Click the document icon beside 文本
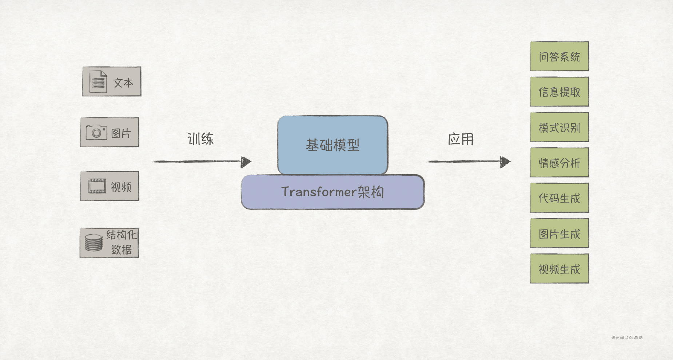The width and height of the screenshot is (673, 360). point(98,81)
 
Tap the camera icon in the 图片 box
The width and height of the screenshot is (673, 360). point(96,132)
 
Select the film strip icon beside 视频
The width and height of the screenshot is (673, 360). point(97,186)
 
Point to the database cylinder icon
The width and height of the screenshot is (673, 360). point(93,243)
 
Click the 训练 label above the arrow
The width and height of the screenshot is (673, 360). point(200,139)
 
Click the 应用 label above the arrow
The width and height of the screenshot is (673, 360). point(461,139)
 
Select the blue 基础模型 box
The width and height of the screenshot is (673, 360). point(332,145)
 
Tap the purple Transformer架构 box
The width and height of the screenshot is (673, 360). point(332,192)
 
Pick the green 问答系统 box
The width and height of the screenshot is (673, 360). point(559,56)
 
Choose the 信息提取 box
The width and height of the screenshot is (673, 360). point(559,92)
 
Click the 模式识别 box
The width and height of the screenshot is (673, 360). point(559,127)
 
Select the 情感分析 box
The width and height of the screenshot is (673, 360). point(559,163)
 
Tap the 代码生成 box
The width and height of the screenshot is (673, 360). point(559,198)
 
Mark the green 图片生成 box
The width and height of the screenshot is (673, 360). point(559,233)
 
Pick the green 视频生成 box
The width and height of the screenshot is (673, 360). point(559,269)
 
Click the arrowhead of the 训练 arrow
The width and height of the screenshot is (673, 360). point(246,162)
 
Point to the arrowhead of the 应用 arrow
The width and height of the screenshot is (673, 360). point(505,162)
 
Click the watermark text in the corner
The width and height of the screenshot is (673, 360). point(627,337)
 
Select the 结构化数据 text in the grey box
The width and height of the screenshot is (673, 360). point(122,242)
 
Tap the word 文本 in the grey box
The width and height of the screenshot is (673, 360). point(123,83)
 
